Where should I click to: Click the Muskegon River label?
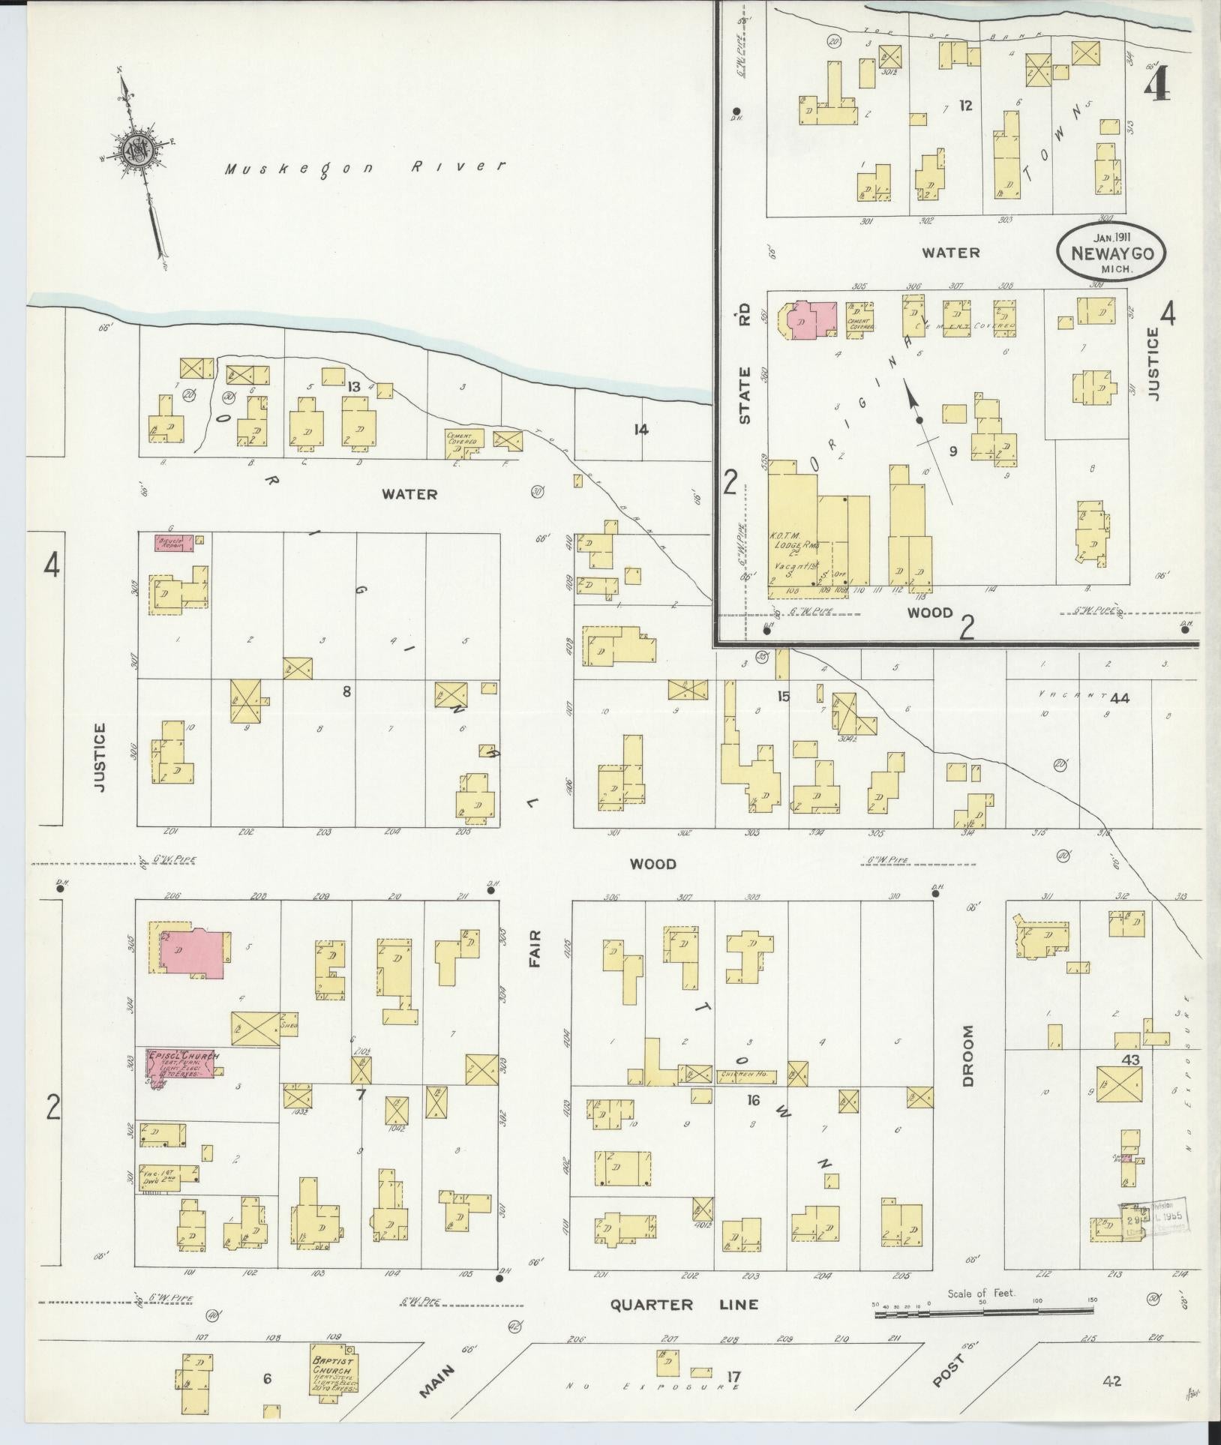coord(366,168)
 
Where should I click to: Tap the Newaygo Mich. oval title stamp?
coord(1111,253)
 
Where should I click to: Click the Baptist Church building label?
coord(334,1372)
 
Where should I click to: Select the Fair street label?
coord(535,948)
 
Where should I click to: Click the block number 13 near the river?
coord(354,386)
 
